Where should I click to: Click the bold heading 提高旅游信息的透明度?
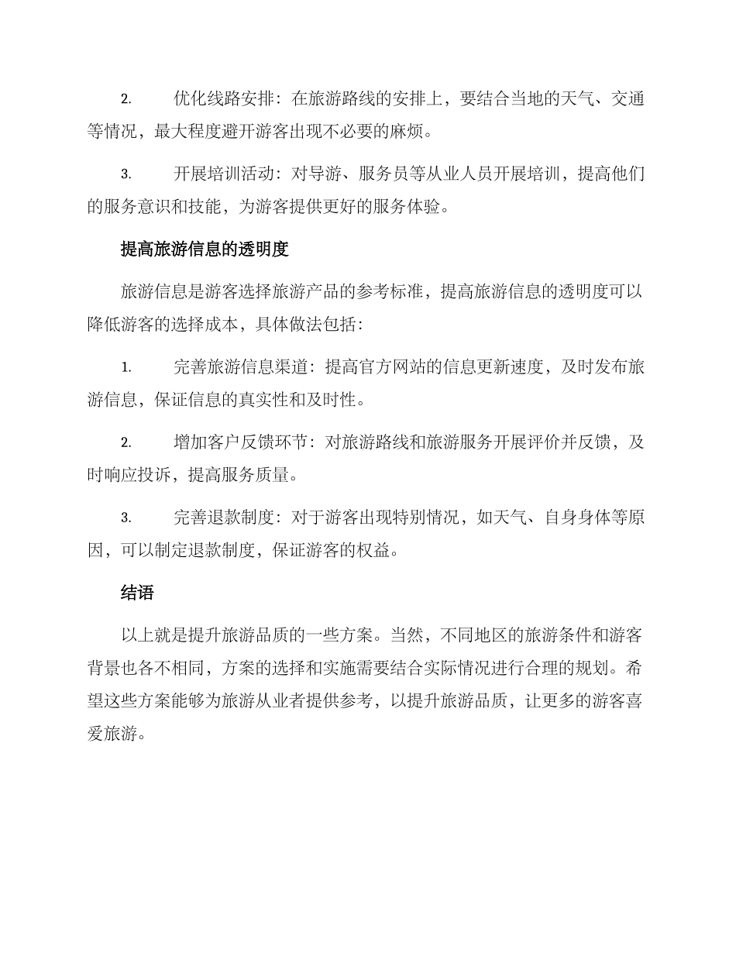tap(205, 249)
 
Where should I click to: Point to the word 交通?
tap(627, 98)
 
